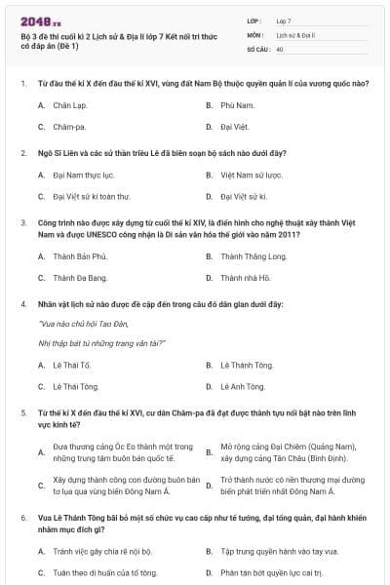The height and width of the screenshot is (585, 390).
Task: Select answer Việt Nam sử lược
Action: point(251,175)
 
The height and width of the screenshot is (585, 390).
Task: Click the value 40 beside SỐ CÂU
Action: point(280,48)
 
